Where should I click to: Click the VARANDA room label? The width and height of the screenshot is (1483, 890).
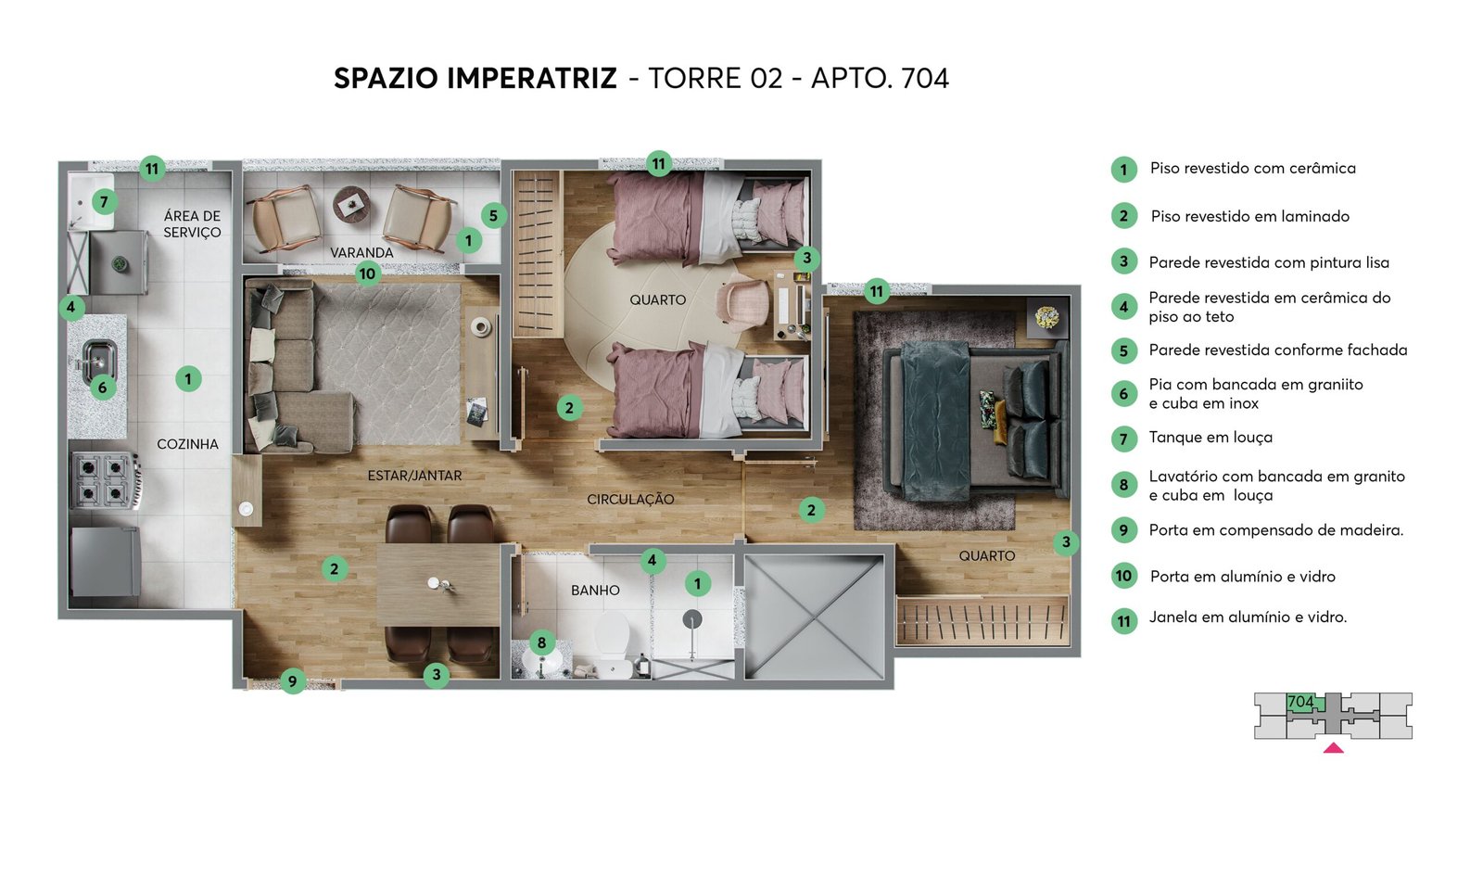coord(361,252)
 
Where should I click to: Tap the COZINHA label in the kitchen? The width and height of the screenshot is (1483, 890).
coord(187,444)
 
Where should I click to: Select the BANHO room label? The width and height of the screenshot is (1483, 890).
coord(595,590)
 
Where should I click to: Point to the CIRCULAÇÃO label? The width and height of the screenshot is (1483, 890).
coord(630,500)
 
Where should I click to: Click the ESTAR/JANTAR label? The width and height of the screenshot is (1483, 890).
coord(414,476)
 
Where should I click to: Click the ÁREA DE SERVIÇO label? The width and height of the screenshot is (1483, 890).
coord(192,223)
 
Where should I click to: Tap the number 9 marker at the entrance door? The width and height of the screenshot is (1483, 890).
coord(293,680)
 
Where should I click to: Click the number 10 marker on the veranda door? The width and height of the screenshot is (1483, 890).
coord(367,273)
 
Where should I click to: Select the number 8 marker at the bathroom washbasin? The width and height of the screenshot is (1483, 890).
coord(541,642)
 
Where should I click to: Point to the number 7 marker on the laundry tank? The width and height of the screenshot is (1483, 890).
coord(104,201)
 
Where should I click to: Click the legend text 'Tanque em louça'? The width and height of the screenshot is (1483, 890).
coord(1210,438)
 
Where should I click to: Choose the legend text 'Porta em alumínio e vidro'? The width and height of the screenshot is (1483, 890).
coord(1243,577)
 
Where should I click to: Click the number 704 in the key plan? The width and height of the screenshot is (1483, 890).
coord(1300,701)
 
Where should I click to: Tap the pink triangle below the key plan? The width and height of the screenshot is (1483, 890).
coord(1334,748)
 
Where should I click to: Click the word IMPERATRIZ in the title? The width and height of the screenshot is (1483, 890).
coord(532,78)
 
